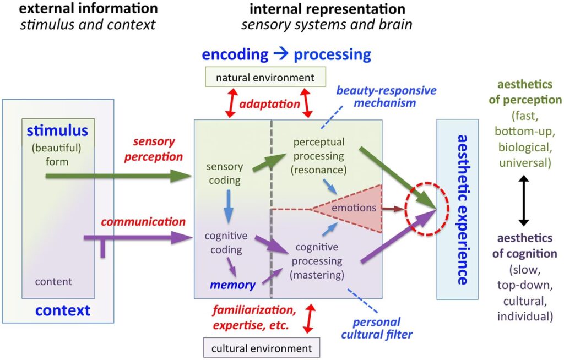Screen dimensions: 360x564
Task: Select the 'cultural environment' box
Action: (x=262, y=348)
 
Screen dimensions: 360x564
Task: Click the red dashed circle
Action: (x=427, y=209)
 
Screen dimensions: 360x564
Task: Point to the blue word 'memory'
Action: (x=232, y=285)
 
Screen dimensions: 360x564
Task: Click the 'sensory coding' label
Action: (x=224, y=172)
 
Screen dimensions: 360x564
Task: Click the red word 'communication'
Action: (x=143, y=222)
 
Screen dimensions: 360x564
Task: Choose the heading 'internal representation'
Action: (x=327, y=9)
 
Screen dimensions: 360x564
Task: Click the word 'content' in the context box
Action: (x=53, y=282)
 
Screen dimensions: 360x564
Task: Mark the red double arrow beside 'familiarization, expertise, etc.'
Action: (x=308, y=319)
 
